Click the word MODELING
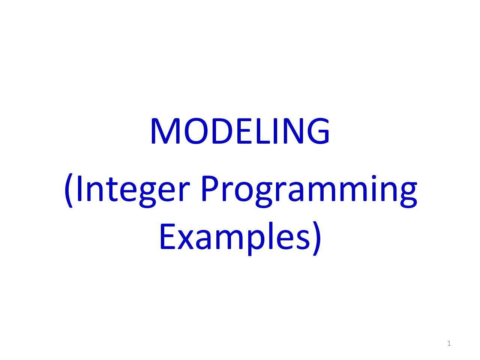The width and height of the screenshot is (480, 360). pos(240,131)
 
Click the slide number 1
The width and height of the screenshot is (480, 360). pos(449,343)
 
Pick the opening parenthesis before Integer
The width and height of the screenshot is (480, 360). pos(69,191)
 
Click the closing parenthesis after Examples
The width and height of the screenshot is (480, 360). pos(316,238)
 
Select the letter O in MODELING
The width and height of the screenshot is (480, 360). pos(196,131)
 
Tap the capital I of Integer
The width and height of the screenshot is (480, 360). pos(79,188)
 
